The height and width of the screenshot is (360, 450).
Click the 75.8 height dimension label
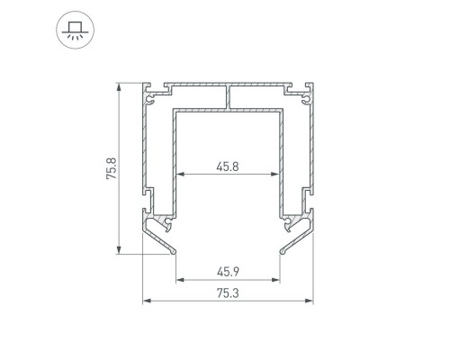(110, 169)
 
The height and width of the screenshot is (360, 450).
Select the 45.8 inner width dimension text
(228, 165)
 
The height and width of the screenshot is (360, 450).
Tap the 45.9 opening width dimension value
(228, 270)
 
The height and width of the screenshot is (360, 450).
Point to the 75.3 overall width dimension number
(228, 292)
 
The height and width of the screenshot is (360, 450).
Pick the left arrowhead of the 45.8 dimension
(178, 174)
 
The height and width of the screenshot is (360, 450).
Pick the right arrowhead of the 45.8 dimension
(277, 174)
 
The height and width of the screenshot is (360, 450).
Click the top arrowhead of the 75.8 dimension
(119, 88)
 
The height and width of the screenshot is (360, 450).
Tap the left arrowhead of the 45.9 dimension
(178, 279)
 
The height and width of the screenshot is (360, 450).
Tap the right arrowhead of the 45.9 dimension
(277, 279)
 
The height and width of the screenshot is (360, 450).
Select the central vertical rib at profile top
(229, 97)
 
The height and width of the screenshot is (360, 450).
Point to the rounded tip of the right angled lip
(282, 253)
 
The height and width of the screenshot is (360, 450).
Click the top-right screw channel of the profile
(307, 92)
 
